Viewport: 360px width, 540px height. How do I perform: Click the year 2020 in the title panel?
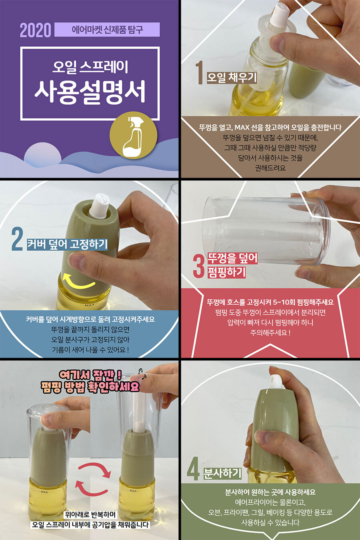click(36, 30)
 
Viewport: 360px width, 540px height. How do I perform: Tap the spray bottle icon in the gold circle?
click(133, 136)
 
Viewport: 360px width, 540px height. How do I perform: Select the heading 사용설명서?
click(90, 92)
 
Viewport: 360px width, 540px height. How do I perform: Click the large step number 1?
click(200, 72)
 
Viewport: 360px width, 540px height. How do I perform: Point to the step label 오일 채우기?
click(232, 78)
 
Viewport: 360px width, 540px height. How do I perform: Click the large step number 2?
click(17, 240)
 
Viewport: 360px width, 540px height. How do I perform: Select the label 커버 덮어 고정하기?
click(67, 244)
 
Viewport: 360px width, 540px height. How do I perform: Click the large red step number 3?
click(199, 267)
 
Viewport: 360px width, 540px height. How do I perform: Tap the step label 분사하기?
click(222, 474)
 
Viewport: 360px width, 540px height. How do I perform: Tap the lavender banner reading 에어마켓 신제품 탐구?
click(107, 30)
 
